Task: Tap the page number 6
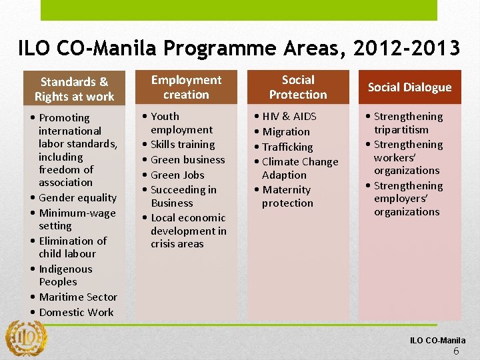tap(456, 351)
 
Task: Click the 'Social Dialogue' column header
tap(409, 87)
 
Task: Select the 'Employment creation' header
tap(186, 87)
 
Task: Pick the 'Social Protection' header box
tap(298, 87)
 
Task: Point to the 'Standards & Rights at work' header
tap(74, 89)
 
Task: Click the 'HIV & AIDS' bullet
tap(289, 116)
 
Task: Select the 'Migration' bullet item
tap(285, 131)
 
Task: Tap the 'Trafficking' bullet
tap(287, 147)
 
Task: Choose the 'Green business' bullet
tap(187, 159)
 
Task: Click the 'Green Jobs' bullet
tap(177, 175)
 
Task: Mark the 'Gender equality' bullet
tap(77, 197)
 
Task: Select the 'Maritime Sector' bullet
tap(78, 297)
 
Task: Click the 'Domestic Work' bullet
tap(76, 312)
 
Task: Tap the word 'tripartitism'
tap(401, 129)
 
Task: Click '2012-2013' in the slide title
tap(407, 49)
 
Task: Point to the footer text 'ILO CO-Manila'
tap(437, 341)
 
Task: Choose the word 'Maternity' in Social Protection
tap(286, 189)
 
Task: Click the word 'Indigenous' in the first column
tap(65, 269)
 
